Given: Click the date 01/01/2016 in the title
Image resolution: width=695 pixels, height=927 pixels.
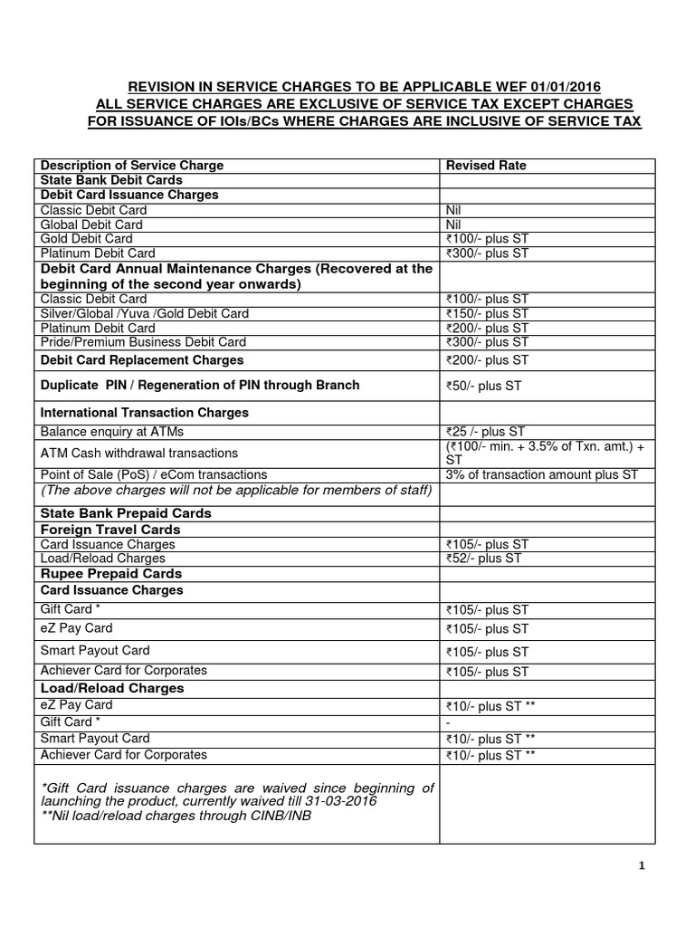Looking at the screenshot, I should pos(563,87).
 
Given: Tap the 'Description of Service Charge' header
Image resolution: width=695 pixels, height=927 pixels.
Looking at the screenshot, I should pos(132,166).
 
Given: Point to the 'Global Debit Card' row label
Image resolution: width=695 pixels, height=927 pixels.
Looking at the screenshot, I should pos(91,225).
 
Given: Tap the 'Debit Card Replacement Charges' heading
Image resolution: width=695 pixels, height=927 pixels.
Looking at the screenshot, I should pos(142,360).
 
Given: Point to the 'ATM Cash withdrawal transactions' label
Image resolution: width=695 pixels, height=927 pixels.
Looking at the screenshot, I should pos(139,453).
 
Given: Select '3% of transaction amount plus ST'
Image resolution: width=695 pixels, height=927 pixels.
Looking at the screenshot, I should pos(541,474).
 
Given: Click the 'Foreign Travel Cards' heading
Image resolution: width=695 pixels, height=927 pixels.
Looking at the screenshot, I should pos(104,529).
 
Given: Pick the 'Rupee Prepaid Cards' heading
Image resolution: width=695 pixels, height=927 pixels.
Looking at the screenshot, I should pos(111,574).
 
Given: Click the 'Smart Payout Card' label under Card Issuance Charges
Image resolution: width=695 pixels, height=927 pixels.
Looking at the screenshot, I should pos(95,651).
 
